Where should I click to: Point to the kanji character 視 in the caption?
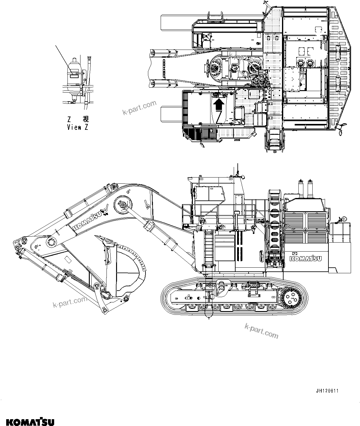[x=86, y=119]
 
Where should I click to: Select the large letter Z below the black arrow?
[x=219, y=118]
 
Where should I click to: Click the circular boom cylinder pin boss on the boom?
[x=122, y=204]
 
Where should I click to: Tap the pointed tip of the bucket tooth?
[x=97, y=236]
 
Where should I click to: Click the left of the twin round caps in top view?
[x=299, y=63]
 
